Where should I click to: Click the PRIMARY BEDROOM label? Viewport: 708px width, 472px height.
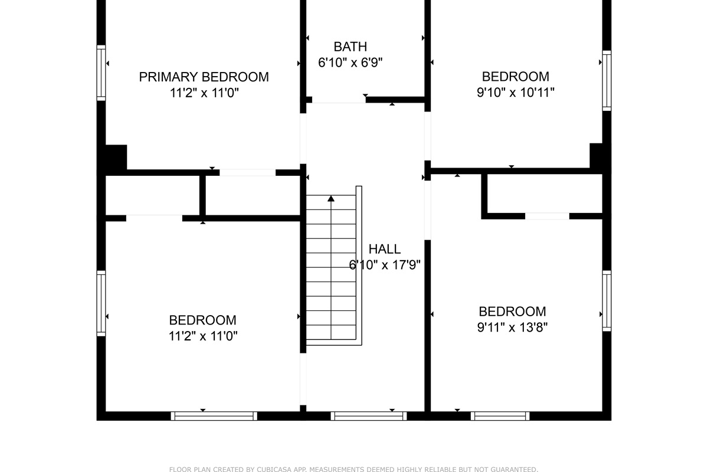tap(204, 77)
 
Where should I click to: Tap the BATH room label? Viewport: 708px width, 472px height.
tap(350, 47)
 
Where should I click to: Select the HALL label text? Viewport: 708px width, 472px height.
tap(384, 249)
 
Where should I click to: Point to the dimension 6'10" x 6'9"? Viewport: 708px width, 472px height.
tap(350, 63)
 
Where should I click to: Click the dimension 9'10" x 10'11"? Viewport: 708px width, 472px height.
tap(515, 92)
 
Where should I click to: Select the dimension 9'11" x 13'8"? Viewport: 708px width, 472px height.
tap(512, 327)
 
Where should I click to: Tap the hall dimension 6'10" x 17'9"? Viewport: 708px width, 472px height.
tap(384, 265)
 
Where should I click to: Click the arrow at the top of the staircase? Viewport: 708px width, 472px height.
tap(331, 199)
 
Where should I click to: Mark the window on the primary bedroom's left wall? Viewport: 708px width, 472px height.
tap(101, 73)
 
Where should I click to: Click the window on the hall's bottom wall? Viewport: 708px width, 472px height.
tap(369, 416)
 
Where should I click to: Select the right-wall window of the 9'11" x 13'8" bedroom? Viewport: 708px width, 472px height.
tap(607, 300)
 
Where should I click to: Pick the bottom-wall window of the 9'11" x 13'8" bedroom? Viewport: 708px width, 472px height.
tap(500, 416)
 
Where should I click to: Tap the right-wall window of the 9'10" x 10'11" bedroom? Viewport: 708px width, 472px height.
tap(607, 80)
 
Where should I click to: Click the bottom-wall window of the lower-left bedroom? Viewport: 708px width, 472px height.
tap(214, 416)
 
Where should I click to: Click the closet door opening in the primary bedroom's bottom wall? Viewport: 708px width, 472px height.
tap(247, 173)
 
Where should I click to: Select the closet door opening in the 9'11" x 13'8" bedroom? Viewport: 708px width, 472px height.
tap(547, 216)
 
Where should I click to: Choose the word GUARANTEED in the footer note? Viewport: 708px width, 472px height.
tap(512, 470)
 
